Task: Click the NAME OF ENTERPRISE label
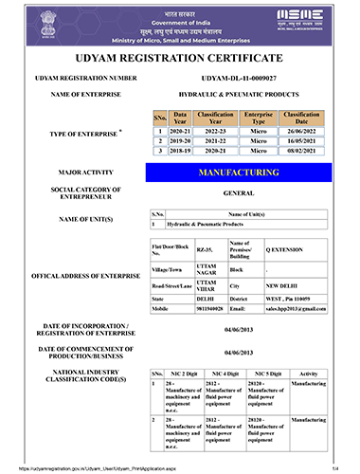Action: pos(73,97)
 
